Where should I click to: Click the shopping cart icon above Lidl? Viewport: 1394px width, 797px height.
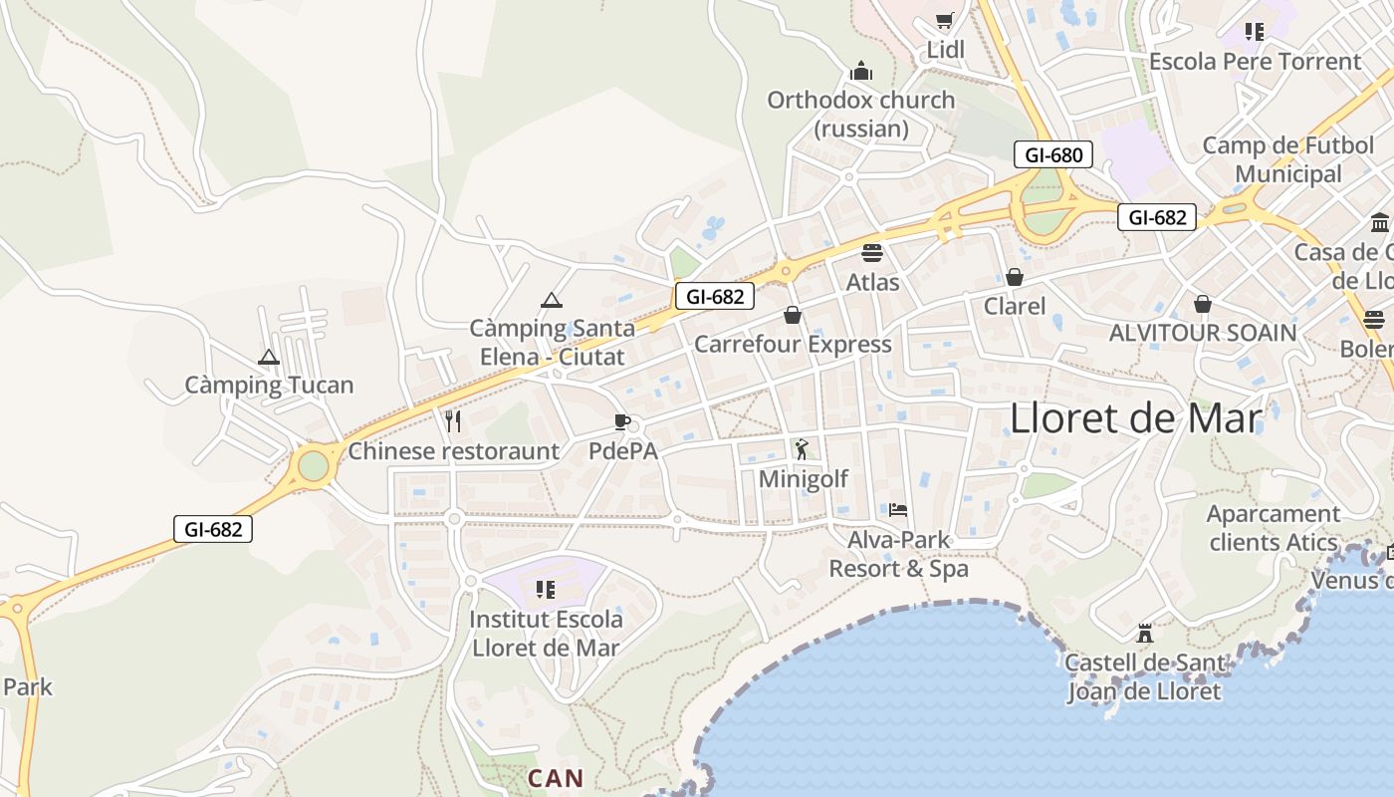[945, 20]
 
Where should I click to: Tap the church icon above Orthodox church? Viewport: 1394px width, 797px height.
[861, 71]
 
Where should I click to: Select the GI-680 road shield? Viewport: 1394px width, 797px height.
[1053, 154]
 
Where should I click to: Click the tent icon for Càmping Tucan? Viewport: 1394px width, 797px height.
[269, 357]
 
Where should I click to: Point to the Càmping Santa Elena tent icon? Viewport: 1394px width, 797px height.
[552, 300]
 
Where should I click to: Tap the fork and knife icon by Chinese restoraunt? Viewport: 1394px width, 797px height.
[453, 421]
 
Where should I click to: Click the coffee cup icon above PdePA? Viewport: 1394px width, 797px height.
[622, 421]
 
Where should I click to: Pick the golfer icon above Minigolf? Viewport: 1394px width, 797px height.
[803, 449]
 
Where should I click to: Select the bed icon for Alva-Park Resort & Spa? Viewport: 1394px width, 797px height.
[898, 510]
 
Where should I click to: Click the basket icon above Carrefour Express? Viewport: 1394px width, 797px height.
[793, 315]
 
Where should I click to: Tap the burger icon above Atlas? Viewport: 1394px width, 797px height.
[872, 253]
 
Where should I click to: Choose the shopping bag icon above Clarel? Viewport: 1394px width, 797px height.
[1015, 277]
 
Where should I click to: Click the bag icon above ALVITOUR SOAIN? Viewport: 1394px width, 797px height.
[1203, 303]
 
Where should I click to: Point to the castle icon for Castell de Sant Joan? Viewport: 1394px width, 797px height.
[1144, 633]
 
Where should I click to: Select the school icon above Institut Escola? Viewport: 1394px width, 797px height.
[545, 589]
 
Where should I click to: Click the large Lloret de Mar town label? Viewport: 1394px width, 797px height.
[1136, 418]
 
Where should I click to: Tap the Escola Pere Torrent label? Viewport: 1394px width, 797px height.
[1255, 62]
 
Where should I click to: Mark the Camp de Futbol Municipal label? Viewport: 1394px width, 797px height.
[1288, 159]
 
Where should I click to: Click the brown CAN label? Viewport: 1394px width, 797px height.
[556, 778]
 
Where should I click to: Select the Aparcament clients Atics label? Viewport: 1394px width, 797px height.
[1274, 528]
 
